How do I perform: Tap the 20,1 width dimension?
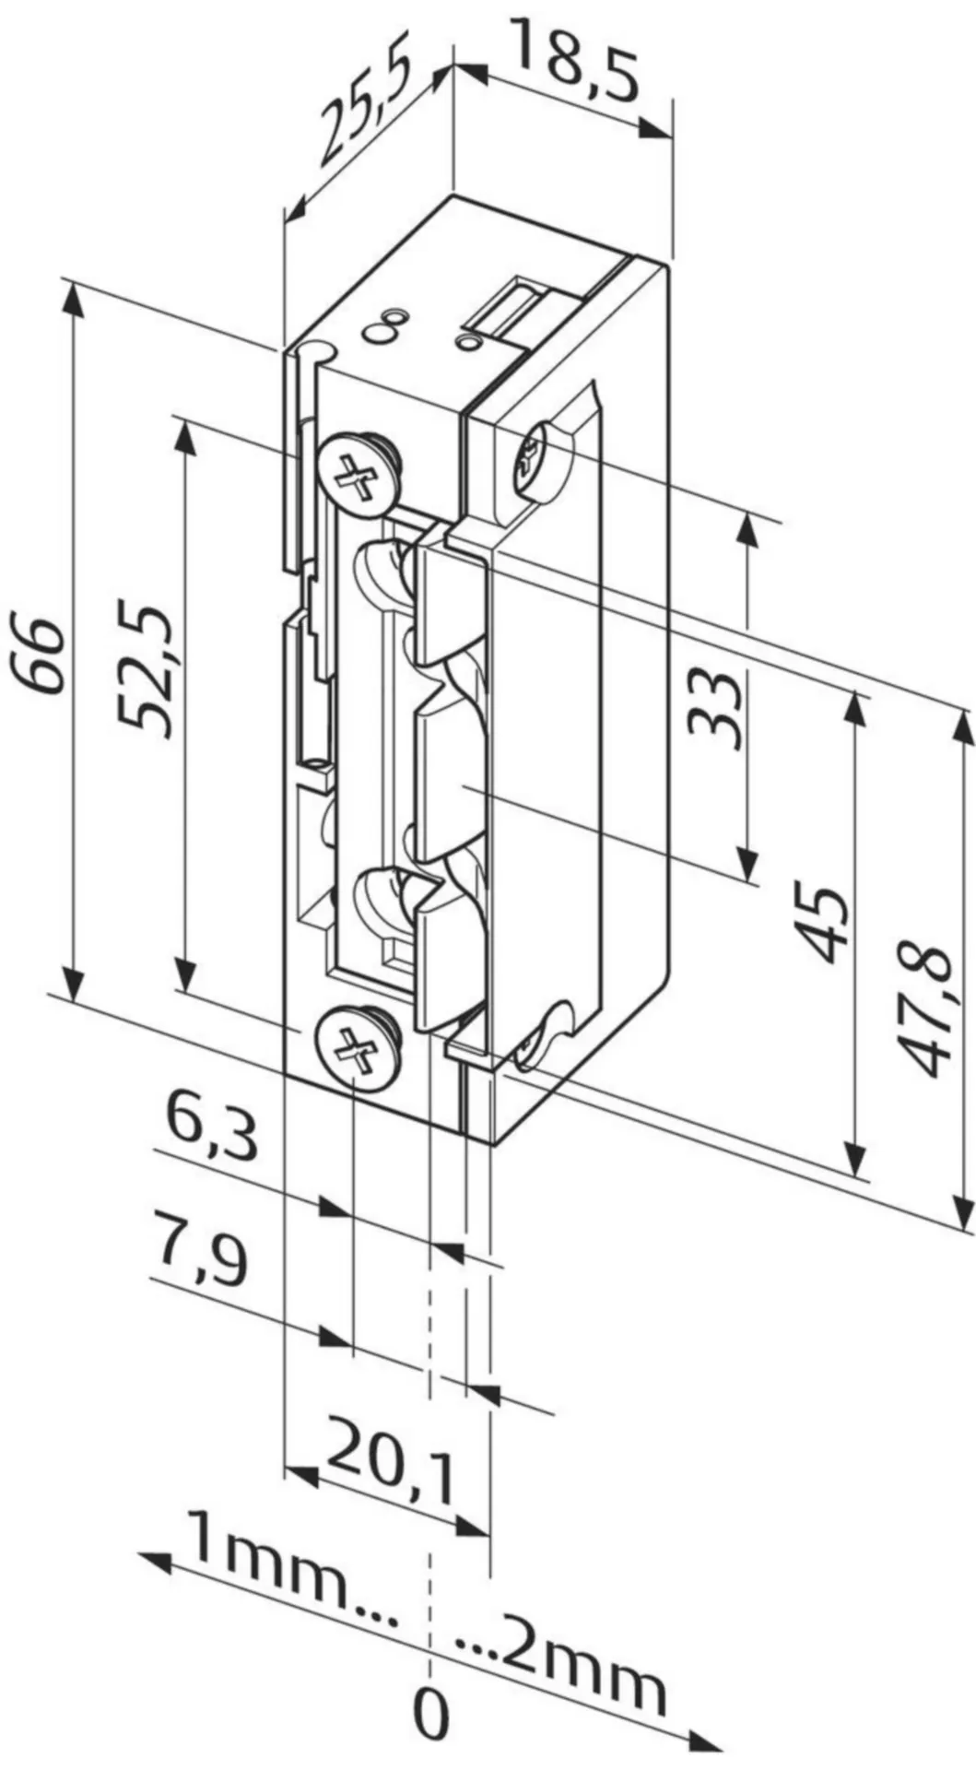pyautogui.click(x=391, y=1472)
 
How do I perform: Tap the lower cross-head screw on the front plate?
pyautogui.click(x=356, y=1052)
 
